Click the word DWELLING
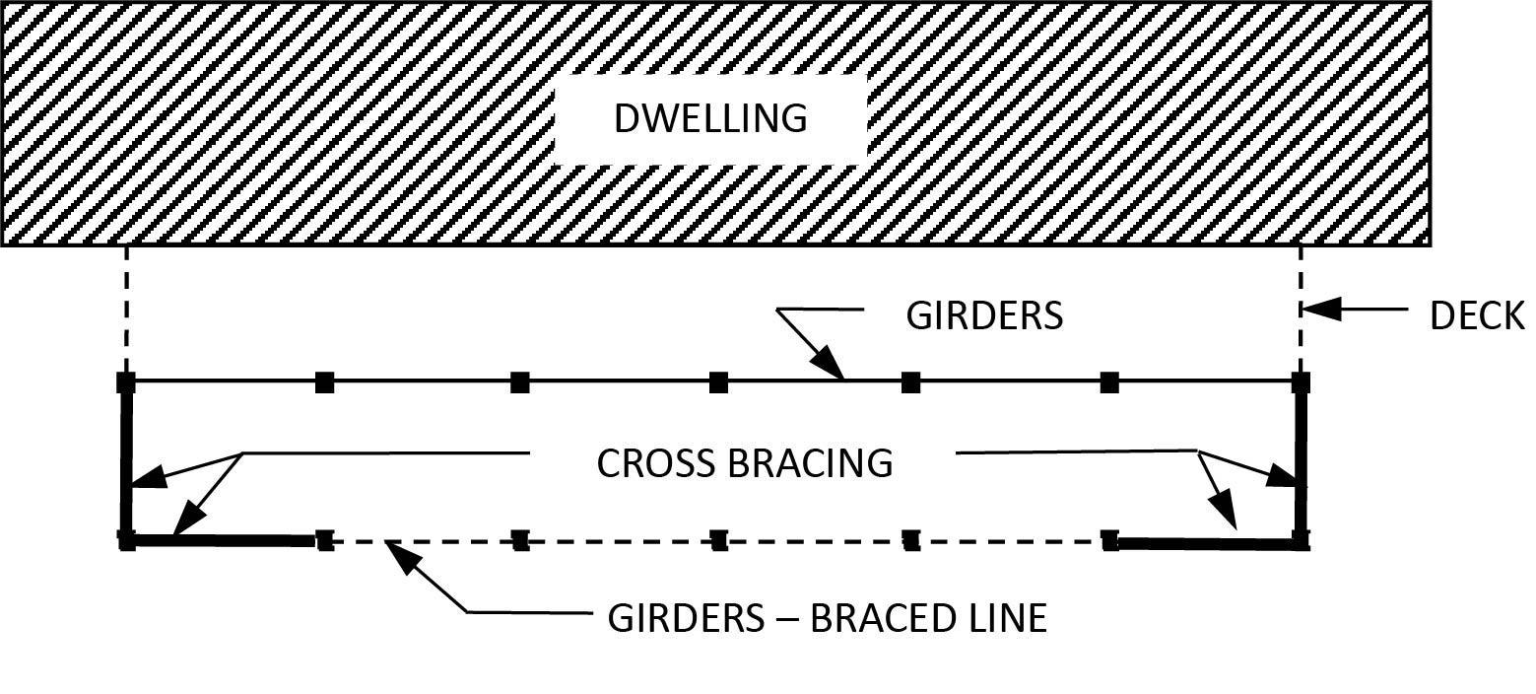click(x=709, y=117)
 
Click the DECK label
click(x=1477, y=316)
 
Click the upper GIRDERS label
click(x=983, y=316)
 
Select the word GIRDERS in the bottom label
click(x=685, y=618)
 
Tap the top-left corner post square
click(x=126, y=382)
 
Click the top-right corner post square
click(x=1301, y=382)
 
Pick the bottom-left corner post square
click(x=126, y=540)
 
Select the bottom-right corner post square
click(x=1301, y=540)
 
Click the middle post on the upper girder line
click(x=718, y=382)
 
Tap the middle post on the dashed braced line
click(x=718, y=540)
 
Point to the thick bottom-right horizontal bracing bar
click(x=1206, y=542)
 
